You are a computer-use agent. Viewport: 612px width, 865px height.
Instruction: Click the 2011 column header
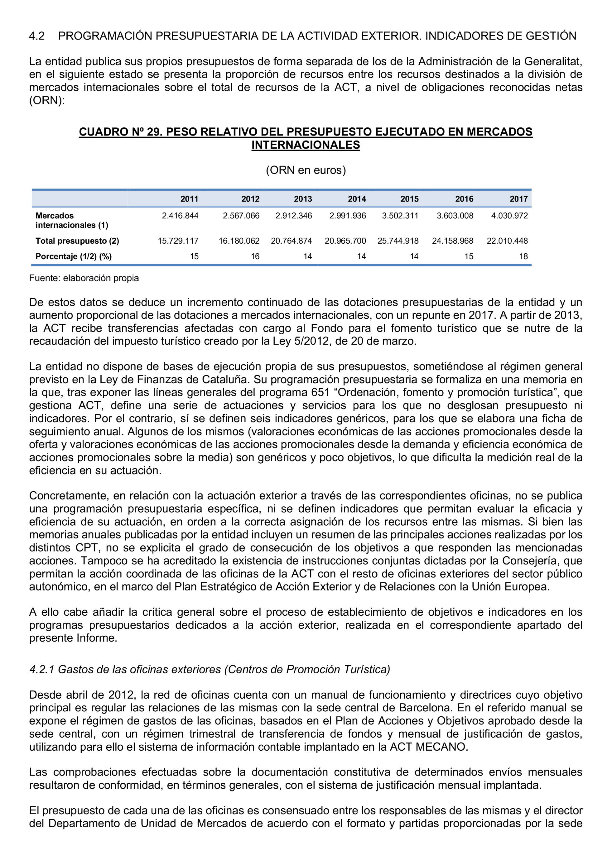(189, 199)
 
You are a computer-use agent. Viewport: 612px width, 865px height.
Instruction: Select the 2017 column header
(518, 199)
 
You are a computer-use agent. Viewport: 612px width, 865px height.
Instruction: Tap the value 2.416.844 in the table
(180, 216)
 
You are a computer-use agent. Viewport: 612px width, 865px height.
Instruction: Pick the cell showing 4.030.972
(509, 216)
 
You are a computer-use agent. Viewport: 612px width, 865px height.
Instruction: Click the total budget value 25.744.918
(398, 241)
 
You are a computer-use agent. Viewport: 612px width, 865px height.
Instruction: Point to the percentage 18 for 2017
(523, 256)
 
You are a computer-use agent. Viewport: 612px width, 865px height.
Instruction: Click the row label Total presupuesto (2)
(77, 241)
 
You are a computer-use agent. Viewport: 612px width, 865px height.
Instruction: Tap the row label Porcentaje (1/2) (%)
(74, 256)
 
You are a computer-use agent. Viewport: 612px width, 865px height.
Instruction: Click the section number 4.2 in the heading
(37, 36)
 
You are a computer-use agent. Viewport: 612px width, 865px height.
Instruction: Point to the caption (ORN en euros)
(306, 170)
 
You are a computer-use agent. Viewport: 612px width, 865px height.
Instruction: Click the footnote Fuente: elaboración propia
(84, 278)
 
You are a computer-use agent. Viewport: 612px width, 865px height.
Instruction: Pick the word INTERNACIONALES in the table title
(306, 145)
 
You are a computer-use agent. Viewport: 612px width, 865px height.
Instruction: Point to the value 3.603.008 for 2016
(455, 216)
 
